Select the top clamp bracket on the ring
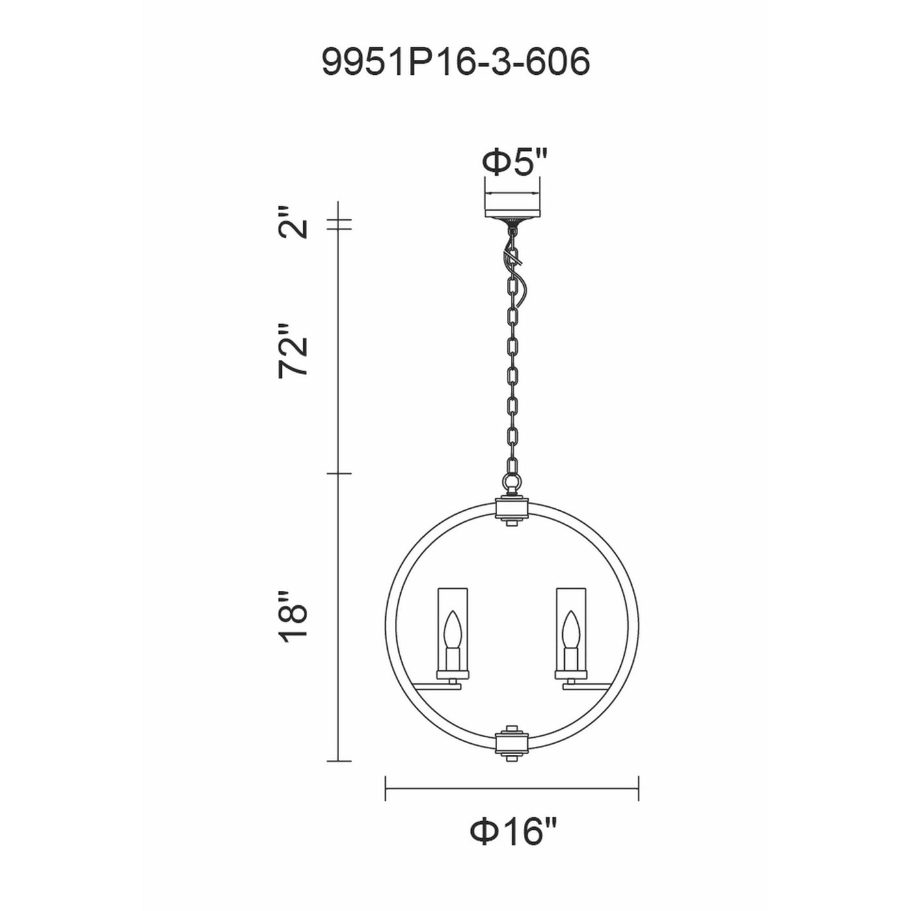coord(512,510)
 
